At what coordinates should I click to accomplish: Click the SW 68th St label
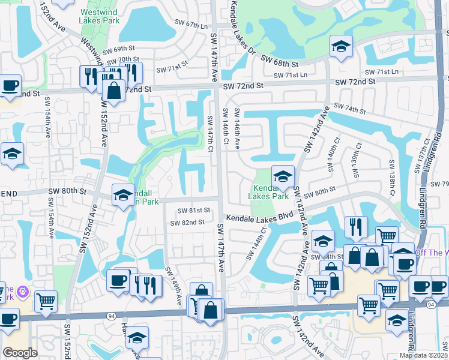pos(280,60)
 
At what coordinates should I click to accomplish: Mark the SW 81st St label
pos(194,211)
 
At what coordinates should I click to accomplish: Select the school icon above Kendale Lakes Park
pos(283,176)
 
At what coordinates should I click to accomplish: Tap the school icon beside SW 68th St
pos(340,47)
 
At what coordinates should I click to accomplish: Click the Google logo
pos(20,352)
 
